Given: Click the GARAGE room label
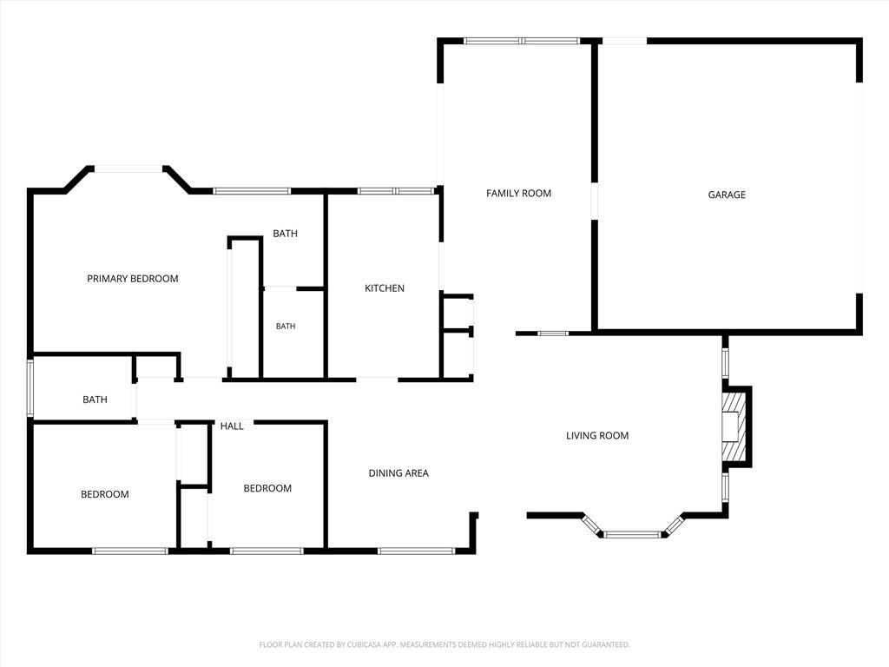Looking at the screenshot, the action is [727, 195].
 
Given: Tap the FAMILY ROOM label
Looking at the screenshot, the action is [518, 194].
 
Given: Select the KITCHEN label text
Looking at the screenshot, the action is [385, 288].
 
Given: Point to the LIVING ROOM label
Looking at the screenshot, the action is [597, 436].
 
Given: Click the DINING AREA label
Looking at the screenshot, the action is [398, 473].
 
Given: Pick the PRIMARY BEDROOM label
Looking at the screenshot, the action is [133, 279].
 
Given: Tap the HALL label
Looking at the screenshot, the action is [232, 426].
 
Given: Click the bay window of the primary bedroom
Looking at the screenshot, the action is [128, 168].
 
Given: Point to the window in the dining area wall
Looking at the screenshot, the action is [416, 551].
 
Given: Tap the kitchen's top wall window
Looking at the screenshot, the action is [396, 191].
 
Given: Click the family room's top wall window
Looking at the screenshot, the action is [522, 41].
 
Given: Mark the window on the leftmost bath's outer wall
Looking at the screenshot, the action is [30, 388].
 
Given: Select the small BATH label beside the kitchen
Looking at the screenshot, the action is [285, 327].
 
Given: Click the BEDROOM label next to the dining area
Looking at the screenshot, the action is [267, 488].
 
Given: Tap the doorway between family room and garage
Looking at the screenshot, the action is [594, 201].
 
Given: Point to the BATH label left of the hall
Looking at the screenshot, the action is [95, 400].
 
